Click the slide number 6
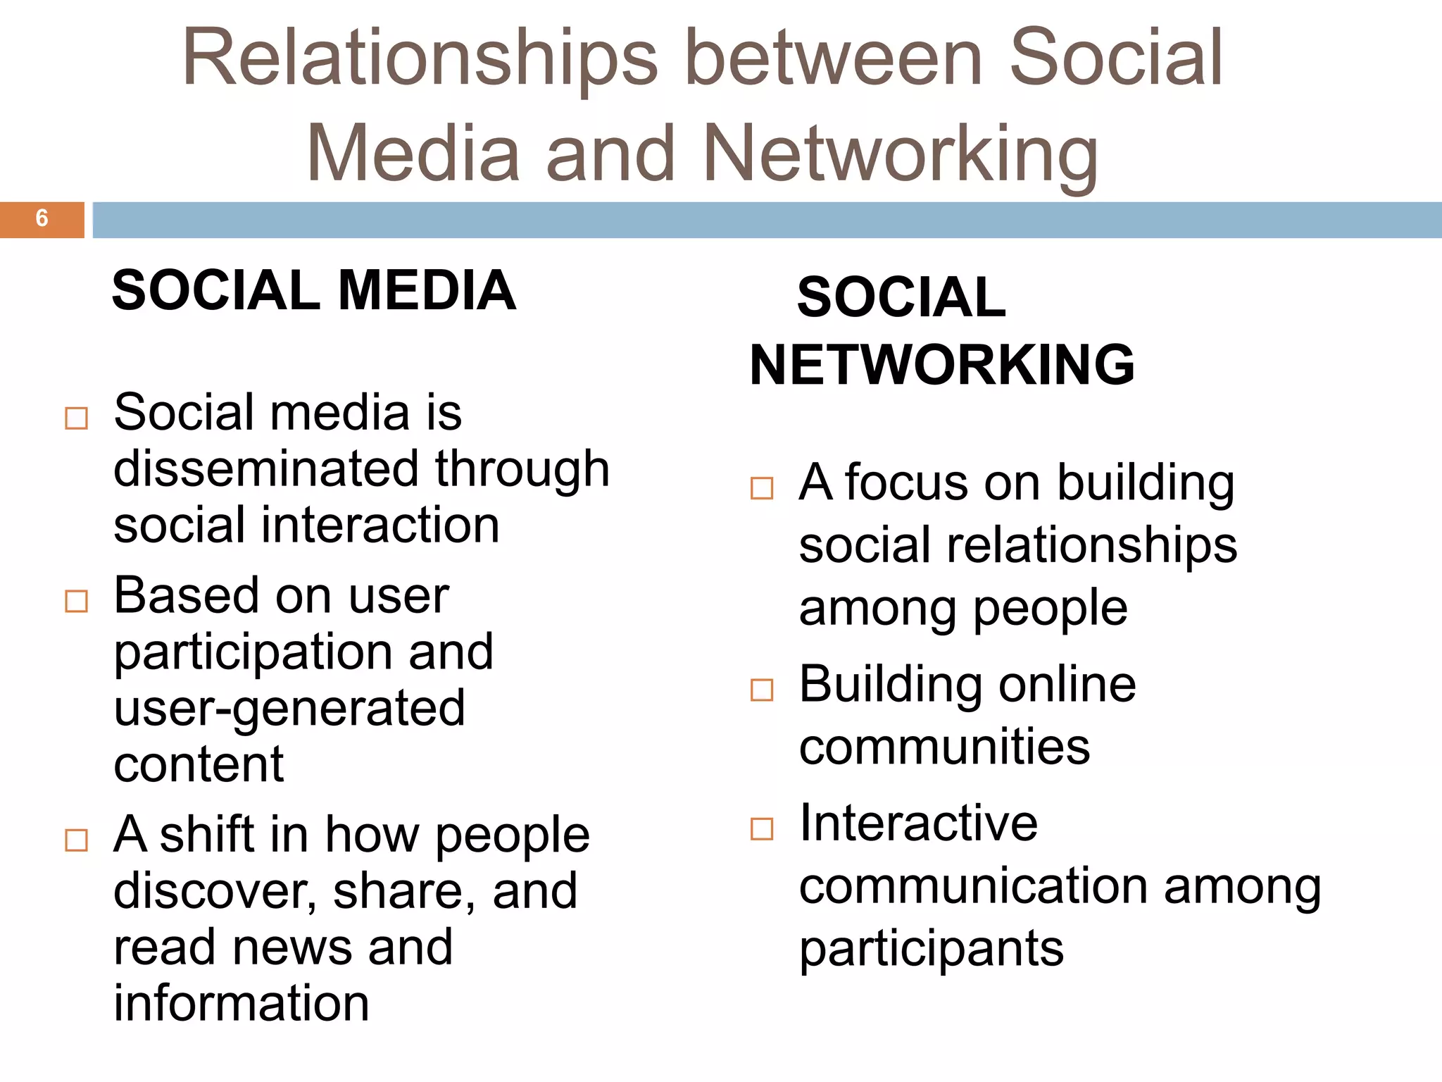[42, 218]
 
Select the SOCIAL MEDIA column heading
[314, 290]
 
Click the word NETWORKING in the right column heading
[942, 365]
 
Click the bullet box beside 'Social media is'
[76, 418]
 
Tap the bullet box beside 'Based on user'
[76, 602]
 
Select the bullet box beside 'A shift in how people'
[76, 840]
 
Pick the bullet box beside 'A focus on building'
[762, 488]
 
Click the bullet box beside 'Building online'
[762, 690]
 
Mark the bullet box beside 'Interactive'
[762, 828]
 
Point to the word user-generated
[289, 709]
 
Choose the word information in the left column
[242, 1003]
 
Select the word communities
[944, 747]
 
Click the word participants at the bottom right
[931, 950]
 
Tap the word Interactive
[918, 823]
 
